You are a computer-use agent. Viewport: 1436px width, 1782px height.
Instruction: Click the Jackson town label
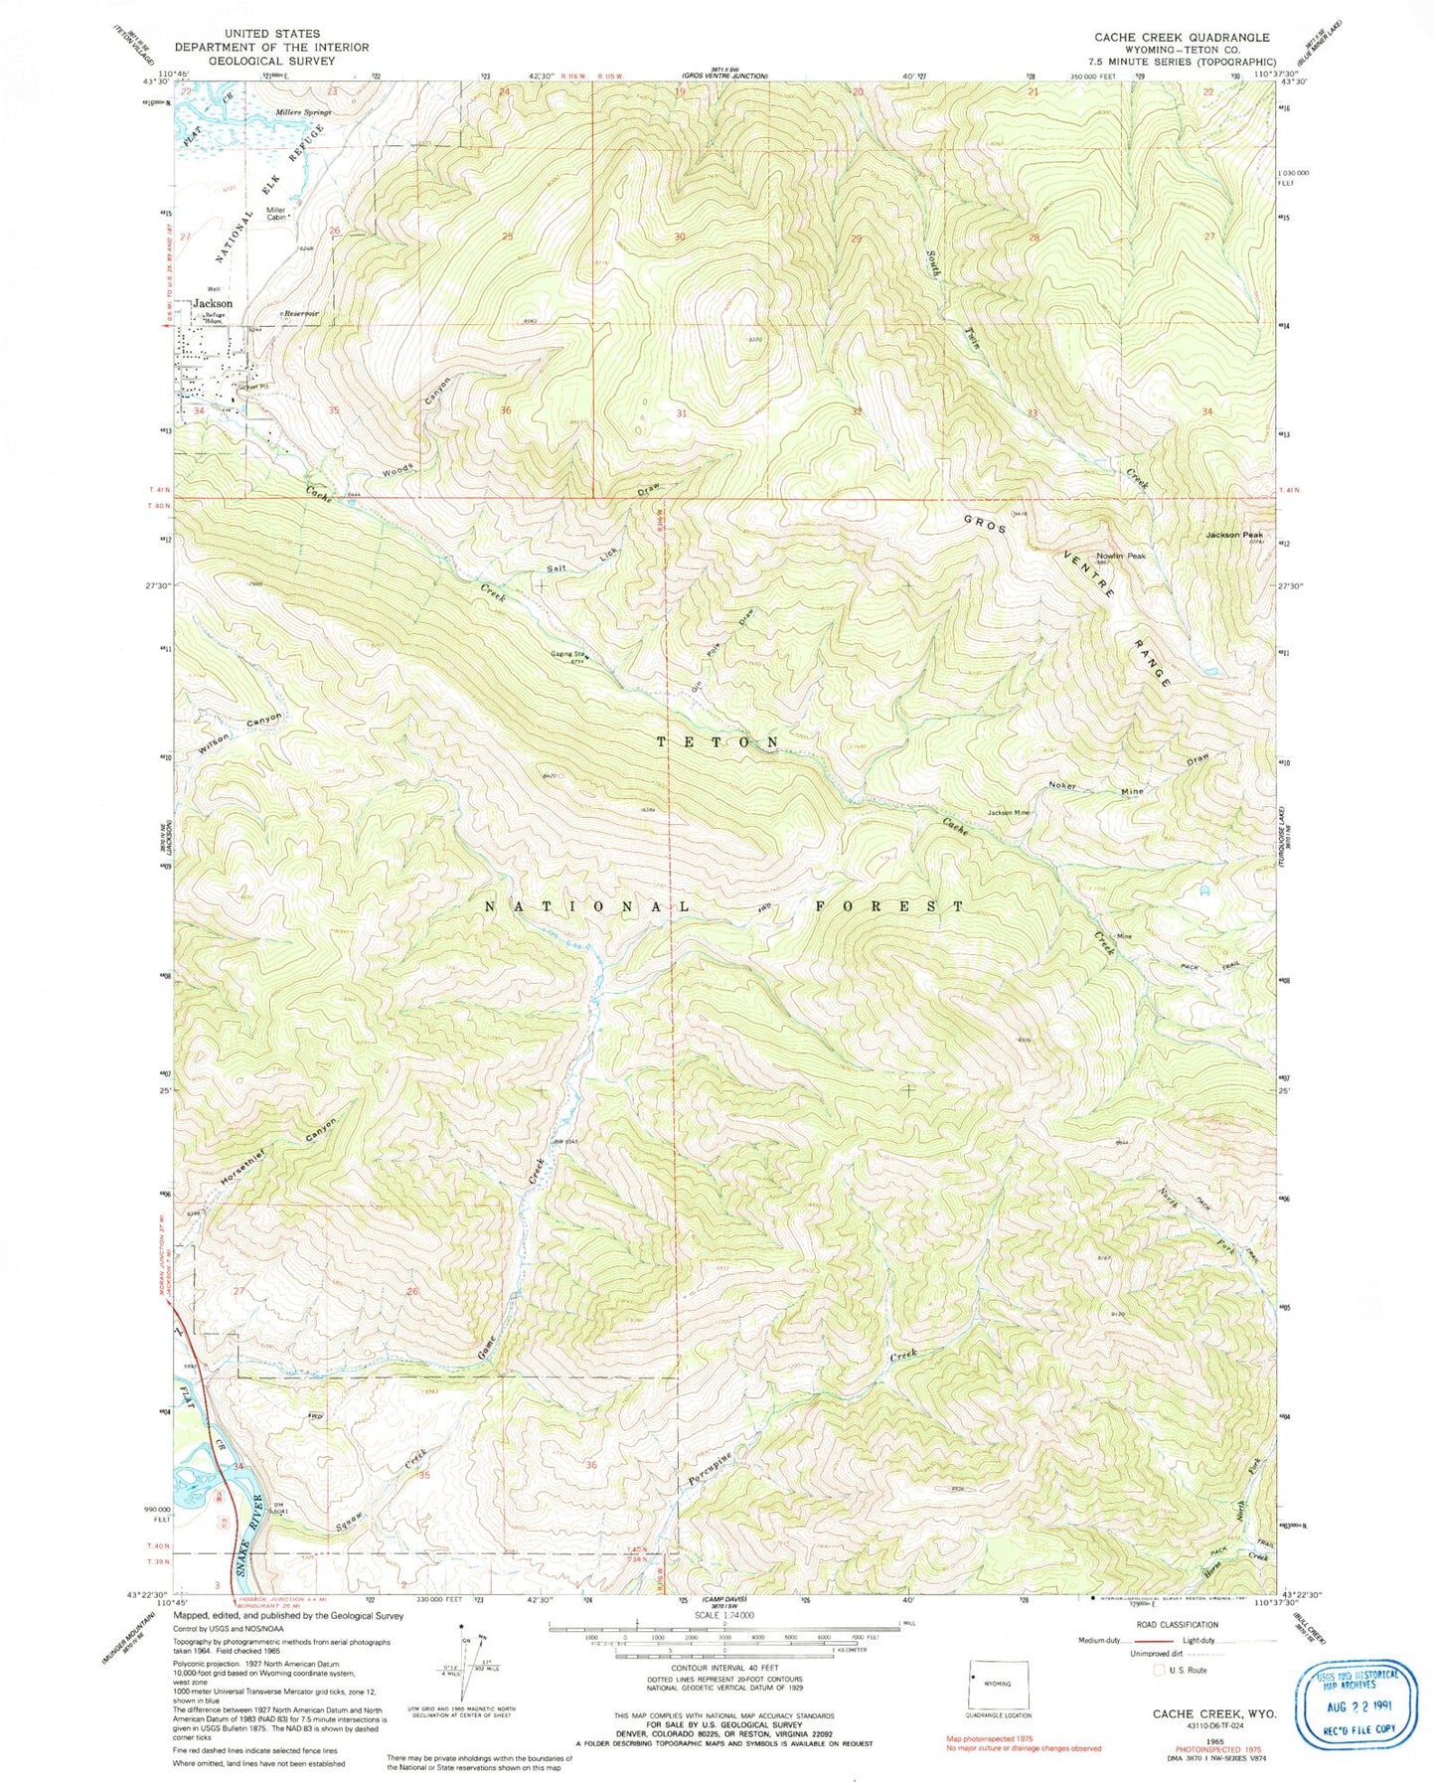click(213, 303)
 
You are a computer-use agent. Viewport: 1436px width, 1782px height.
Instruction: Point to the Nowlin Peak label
click(1121, 556)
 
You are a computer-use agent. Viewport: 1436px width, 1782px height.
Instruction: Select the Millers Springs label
click(302, 112)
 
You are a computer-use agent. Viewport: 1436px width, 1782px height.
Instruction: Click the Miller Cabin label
click(275, 214)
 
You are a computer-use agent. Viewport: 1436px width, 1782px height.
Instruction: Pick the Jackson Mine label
click(1009, 812)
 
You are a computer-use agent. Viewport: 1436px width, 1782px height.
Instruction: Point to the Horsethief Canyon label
click(278, 1153)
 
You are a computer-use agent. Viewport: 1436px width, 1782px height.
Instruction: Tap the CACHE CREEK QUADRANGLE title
click(1182, 38)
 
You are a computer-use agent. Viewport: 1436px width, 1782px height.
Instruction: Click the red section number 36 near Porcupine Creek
click(592, 1465)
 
